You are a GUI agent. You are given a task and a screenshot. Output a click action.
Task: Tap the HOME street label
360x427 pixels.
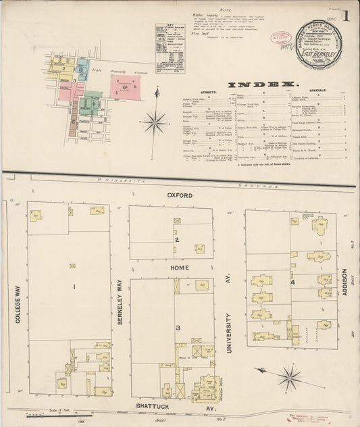tap(179, 268)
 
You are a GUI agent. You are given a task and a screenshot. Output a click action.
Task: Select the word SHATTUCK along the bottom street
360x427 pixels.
tap(155, 405)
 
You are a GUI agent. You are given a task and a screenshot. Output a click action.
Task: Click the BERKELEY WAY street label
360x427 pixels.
tap(120, 302)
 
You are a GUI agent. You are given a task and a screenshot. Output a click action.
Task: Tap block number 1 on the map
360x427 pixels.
tap(75, 286)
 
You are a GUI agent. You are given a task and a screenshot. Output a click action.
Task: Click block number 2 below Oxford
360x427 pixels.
tap(177, 240)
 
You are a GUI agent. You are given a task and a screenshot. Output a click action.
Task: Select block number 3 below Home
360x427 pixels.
tap(178, 328)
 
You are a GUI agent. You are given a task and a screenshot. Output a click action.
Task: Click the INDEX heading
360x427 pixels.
tap(264, 84)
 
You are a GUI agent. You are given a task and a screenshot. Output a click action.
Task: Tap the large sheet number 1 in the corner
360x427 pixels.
tap(345, 15)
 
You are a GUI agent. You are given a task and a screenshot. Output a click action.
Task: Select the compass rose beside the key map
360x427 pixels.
tap(155, 122)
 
